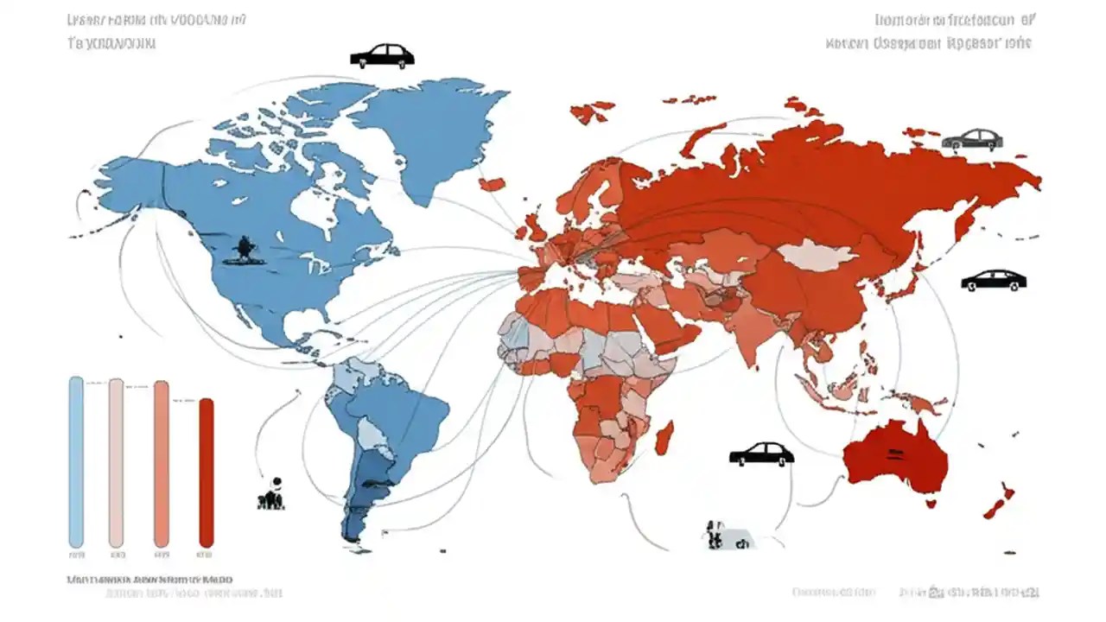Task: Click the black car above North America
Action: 382,56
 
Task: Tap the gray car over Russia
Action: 972,139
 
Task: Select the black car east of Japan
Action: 994,280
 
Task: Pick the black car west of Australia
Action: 761,454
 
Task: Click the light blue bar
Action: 76,462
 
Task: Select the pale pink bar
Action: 116,462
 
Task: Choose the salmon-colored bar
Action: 161,464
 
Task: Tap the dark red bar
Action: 206,473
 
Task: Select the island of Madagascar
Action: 664,437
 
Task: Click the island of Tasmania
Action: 930,502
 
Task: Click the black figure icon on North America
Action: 243,250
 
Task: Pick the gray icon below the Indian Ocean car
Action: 723,535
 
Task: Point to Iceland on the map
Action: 492,183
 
